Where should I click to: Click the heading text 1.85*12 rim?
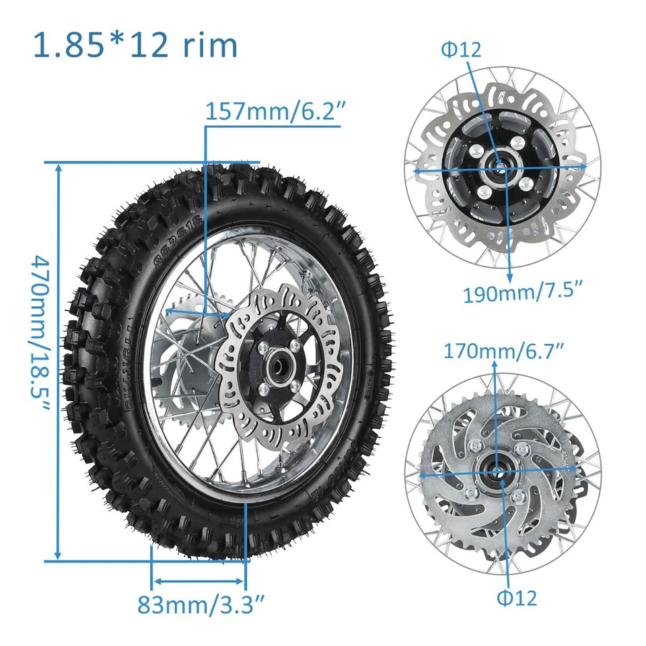pos(135,45)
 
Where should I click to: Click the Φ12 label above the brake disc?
pos(461,49)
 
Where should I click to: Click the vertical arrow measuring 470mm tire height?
pos(59,361)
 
